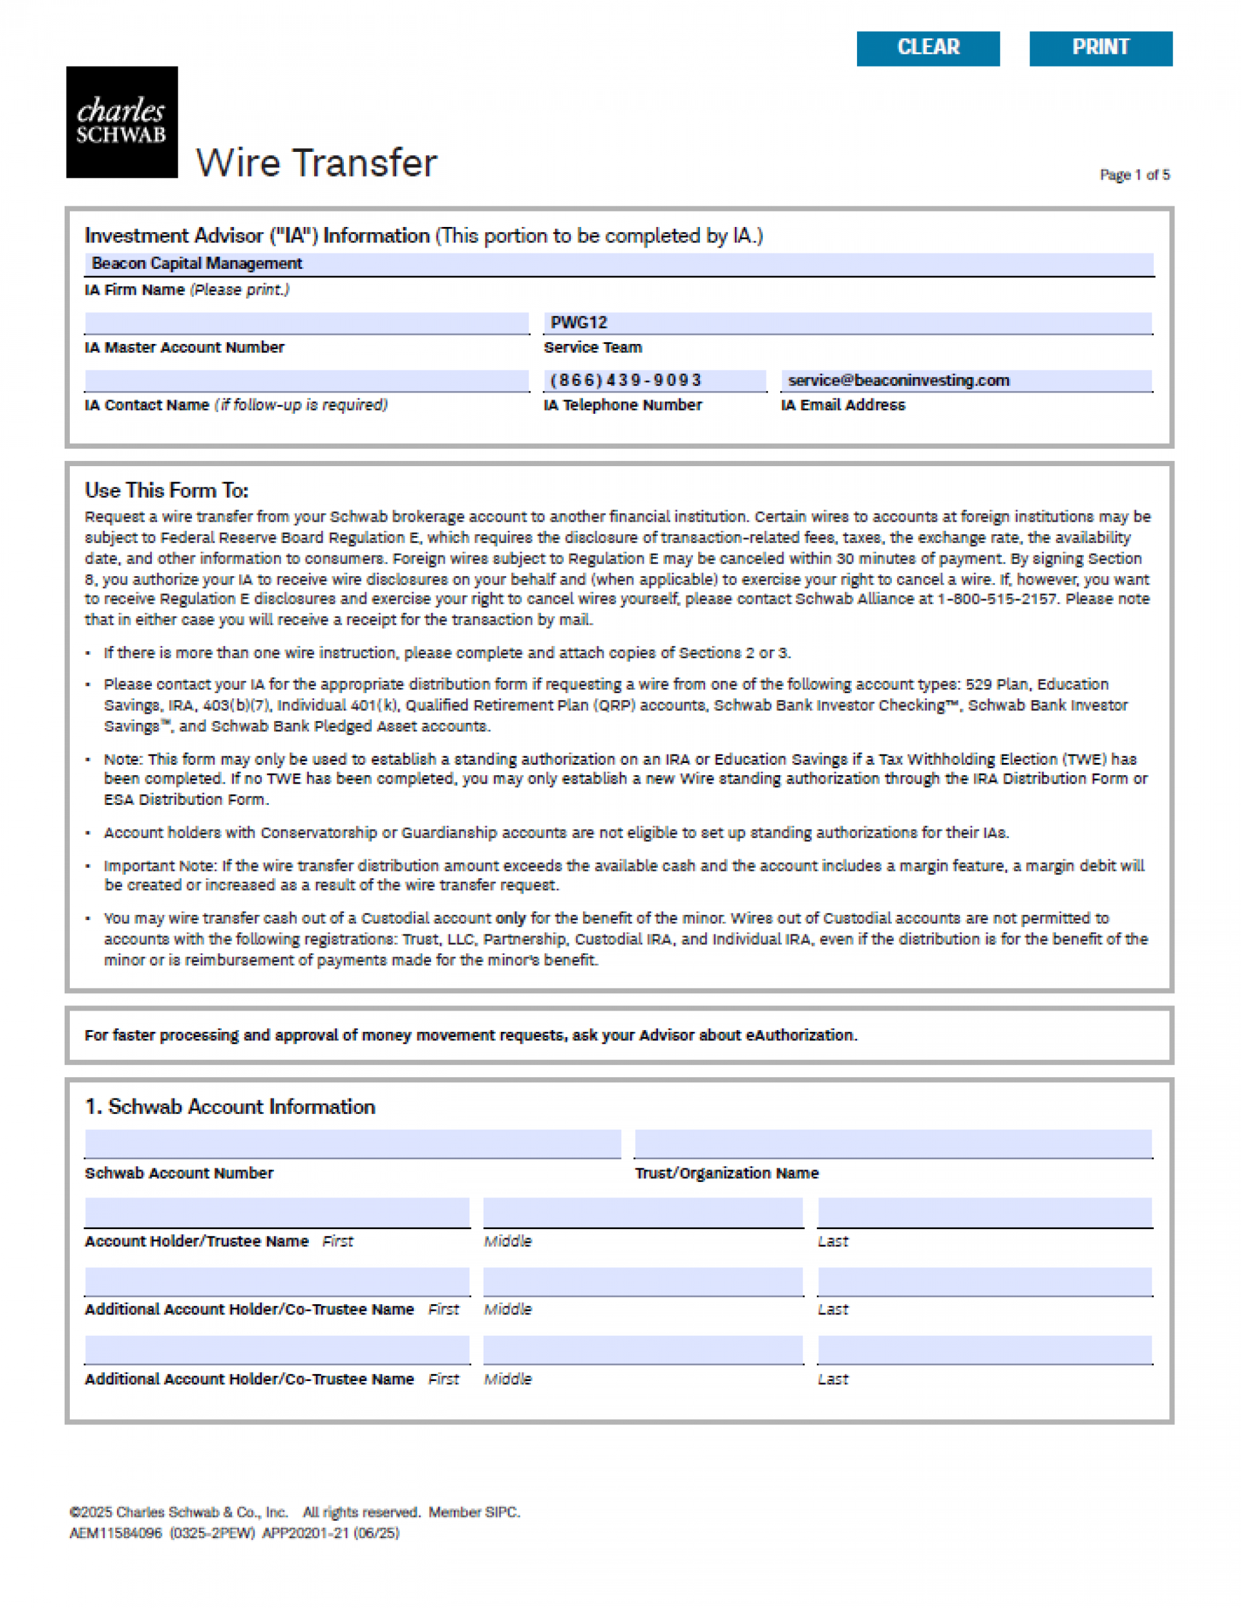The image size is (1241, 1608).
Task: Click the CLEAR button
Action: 928,48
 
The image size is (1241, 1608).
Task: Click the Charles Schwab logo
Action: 122,122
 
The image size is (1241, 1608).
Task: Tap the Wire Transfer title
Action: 317,162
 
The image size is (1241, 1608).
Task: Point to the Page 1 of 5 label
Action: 1134,175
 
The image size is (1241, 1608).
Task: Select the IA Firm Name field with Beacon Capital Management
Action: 619,264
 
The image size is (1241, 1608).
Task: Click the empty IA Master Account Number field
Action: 306,323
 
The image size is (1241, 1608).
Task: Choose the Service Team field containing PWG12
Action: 847,323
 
